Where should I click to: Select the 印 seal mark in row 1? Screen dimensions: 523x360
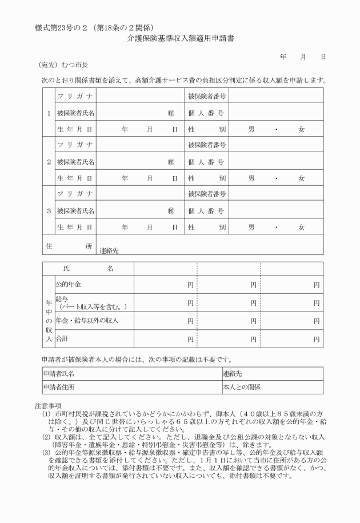[171, 113]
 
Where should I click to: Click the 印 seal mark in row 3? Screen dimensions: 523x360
[171, 211]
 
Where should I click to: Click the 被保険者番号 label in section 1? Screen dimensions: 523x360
[207, 97]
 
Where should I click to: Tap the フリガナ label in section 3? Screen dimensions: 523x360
[75, 194]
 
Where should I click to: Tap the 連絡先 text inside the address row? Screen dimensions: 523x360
[109, 250]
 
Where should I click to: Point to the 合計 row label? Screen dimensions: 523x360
[61, 339]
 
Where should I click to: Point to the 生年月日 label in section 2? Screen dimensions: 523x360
[75, 178]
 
